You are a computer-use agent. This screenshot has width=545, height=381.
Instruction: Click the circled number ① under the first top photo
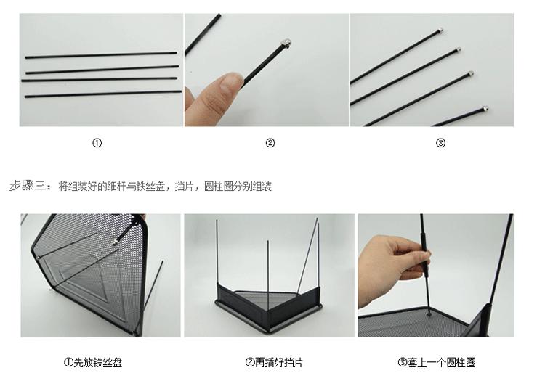coord(97,143)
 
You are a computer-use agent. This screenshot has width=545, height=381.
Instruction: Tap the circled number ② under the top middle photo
coord(270,143)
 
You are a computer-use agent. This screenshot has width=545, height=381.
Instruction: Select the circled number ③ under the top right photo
coord(440,143)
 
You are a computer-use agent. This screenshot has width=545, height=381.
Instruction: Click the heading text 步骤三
coord(27,186)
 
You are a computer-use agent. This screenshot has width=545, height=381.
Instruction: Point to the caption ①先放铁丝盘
coord(93,363)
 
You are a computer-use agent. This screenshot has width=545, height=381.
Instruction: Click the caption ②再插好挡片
coord(274,363)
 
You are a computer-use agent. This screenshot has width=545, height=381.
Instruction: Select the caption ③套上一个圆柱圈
coord(437,363)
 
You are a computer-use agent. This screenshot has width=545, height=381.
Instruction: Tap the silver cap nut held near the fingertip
coord(286,44)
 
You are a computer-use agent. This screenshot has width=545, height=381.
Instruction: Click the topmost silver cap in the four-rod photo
coord(440,30)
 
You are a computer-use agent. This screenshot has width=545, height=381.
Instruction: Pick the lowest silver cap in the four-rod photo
coord(485,109)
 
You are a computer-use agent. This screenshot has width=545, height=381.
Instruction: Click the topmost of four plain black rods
coord(101,55)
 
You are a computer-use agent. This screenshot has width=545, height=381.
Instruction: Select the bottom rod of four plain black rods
coord(103,94)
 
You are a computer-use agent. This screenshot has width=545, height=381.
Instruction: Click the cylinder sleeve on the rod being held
coord(424,255)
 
